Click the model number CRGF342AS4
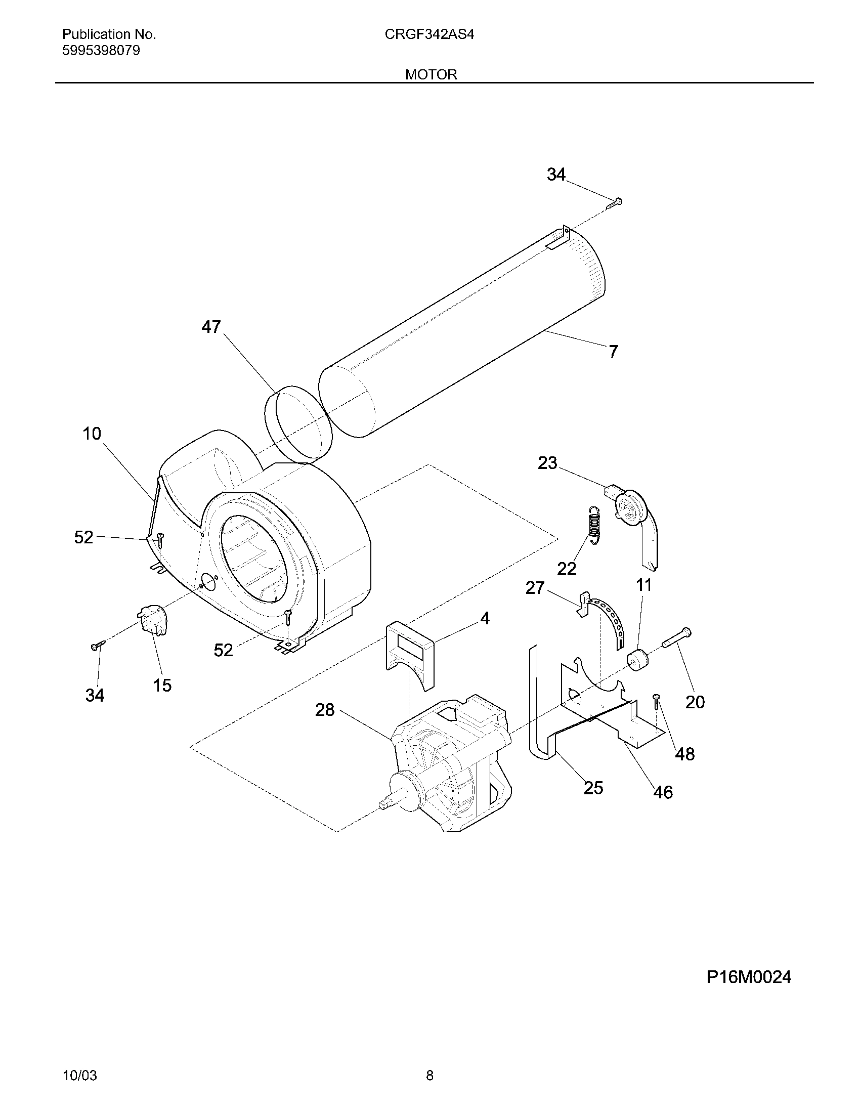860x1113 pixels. click(429, 34)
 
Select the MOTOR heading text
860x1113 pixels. click(431, 74)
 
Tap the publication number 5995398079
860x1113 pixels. click(101, 51)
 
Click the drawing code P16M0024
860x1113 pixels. click(748, 977)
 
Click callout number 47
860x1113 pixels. click(211, 327)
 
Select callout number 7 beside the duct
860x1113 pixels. click(613, 351)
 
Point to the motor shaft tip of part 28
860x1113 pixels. click(383, 805)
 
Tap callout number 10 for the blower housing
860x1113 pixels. click(92, 434)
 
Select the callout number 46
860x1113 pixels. click(663, 792)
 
